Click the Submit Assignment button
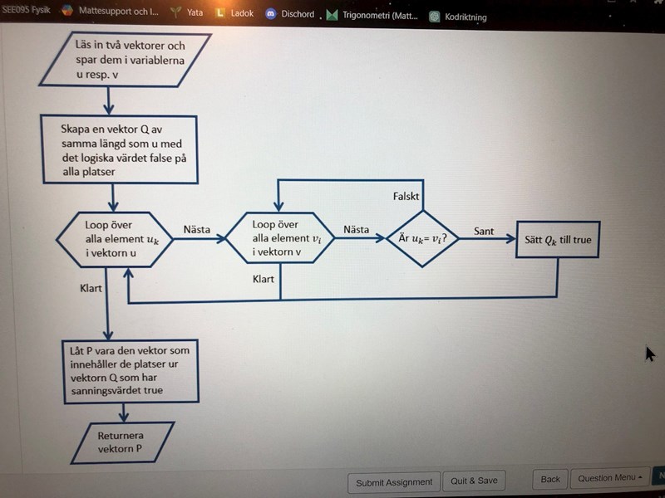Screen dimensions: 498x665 click(394, 481)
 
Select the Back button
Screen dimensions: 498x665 click(550, 479)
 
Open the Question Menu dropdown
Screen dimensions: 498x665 click(611, 478)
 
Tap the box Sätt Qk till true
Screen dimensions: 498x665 click(557, 240)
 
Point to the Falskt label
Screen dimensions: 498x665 click(406, 197)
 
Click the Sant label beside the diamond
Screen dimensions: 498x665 click(484, 231)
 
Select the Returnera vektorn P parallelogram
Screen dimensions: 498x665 click(122, 442)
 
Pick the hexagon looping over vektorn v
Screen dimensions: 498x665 click(278, 238)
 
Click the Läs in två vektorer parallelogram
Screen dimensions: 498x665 click(125, 59)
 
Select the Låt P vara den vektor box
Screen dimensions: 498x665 click(131, 370)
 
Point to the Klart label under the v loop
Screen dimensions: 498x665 click(264, 280)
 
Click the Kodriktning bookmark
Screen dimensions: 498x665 click(459, 17)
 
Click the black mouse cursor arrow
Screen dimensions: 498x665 click(649, 354)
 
